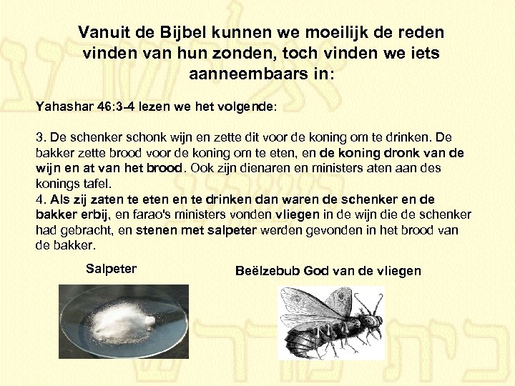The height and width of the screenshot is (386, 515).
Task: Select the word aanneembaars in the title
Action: pyautogui.click(x=245, y=74)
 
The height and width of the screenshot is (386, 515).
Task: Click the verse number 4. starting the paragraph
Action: pyautogui.click(x=41, y=199)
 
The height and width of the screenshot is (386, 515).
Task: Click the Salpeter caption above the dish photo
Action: pyautogui.click(x=111, y=269)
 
